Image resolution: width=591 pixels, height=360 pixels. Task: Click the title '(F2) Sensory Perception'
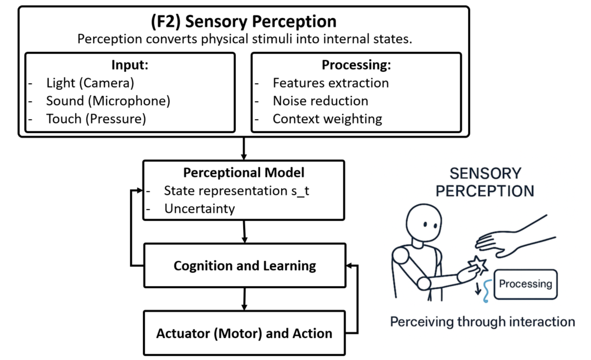(x=244, y=22)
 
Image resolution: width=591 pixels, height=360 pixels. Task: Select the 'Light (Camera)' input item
(x=90, y=83)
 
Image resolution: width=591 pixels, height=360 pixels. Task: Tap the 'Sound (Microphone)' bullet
(x=108, y=101)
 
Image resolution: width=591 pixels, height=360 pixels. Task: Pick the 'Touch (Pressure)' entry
(x=96, y=119)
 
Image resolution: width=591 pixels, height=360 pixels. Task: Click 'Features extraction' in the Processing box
(x=331, y=83)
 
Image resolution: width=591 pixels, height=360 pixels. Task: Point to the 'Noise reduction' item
(x=320, y=101)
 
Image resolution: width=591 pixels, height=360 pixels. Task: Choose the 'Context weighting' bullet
(x=327, y=119)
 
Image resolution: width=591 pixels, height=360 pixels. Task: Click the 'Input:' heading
(x=130, y=65)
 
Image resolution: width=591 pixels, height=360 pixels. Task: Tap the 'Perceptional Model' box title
(x=244, y=173)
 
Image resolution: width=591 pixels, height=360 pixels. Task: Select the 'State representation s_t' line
(x=236, y=191)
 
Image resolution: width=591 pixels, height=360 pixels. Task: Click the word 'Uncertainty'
(x=199, y=209)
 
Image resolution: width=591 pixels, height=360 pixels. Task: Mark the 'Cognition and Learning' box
(x=245, y=266)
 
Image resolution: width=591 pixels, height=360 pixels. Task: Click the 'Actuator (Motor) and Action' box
(x=244, y=333)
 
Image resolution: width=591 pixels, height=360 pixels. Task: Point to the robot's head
(x=424, y=222)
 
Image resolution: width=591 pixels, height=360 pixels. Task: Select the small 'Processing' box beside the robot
(x=525, y=284)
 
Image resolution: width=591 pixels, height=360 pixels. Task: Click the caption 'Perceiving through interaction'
(x=482, y=322)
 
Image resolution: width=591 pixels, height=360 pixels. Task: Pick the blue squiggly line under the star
(x=487, y=291)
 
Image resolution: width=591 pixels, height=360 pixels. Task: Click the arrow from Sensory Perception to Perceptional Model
(x=244, y=149)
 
